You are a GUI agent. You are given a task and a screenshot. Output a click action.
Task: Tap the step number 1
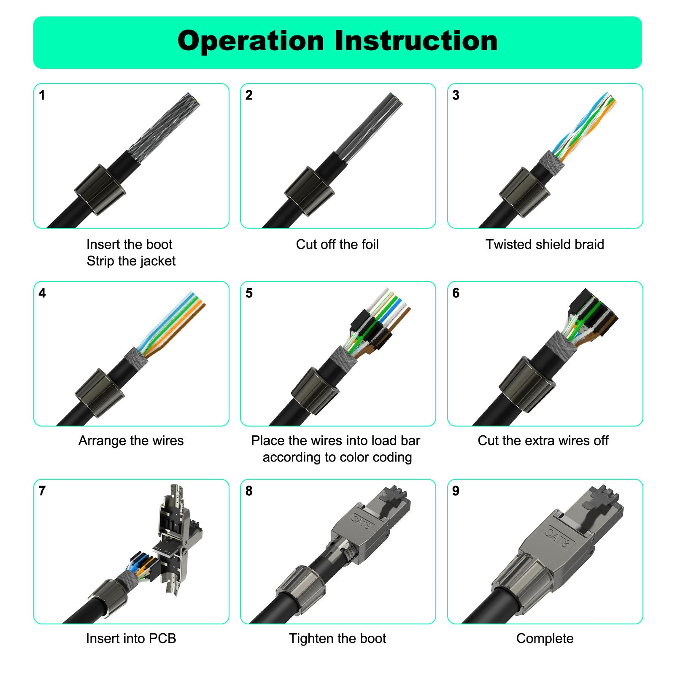point(42,95)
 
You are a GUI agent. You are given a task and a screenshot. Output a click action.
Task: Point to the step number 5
point(249,293)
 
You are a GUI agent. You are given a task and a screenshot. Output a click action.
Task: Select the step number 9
point(456,491)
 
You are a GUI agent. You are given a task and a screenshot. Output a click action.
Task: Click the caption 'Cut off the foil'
point(337,244)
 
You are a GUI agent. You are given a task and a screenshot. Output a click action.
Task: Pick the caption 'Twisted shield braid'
point(545,244)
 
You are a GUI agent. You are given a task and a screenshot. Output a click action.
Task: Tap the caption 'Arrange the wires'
point(131,440)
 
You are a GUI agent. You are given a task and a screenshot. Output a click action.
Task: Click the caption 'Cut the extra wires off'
point(543,440)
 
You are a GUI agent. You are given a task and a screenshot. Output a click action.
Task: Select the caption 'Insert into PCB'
point(131,638)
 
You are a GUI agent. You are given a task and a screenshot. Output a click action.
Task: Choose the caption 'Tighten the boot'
point(337,638)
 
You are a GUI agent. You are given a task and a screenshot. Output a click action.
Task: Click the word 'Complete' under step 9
point(545,638)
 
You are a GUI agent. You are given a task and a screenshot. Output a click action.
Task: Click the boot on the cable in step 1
point(100,189)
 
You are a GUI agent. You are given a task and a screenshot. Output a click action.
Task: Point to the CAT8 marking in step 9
point(559,537)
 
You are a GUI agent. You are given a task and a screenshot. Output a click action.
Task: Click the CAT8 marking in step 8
point(361,522)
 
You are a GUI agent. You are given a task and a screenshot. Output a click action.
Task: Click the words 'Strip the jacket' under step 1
point(131,261)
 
